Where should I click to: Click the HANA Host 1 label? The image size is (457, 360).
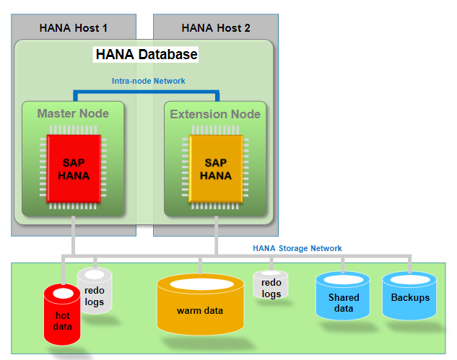point(72,28)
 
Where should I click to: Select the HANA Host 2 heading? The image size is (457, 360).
point(216,28)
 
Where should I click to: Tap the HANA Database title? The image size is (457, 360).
point(147,54)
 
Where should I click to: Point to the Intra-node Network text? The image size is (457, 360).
point(148,81)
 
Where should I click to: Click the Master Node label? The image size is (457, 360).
point(73,113)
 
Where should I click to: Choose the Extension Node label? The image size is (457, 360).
point(215,114)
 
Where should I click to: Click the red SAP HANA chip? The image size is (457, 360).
point(72,170)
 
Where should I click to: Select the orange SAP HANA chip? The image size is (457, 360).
point(215,170)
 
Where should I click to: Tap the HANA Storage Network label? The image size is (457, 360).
point(297,248)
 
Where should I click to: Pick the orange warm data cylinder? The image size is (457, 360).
point(199,307)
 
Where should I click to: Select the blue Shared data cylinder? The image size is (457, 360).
point(343,296)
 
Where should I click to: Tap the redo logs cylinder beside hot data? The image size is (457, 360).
point(95,290)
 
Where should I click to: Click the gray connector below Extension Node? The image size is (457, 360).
point(215,234)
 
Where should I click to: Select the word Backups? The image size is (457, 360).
point(410,298)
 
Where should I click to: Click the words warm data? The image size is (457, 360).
point(199,311)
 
